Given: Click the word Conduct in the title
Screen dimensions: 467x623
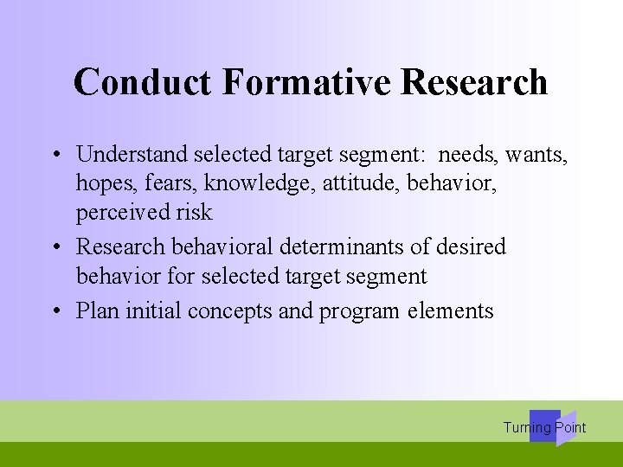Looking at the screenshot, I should pos(143,82).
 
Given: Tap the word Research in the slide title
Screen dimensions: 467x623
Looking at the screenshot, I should pos(475,82).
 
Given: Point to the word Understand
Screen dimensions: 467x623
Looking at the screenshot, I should pos(132,155).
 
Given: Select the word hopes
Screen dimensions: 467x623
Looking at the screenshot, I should pos(103,184).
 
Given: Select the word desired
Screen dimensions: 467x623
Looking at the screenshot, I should pos(470,246).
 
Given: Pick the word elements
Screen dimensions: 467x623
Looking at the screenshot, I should pos(451,311).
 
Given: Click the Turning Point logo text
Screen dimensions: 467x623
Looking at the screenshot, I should pos(544,427).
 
